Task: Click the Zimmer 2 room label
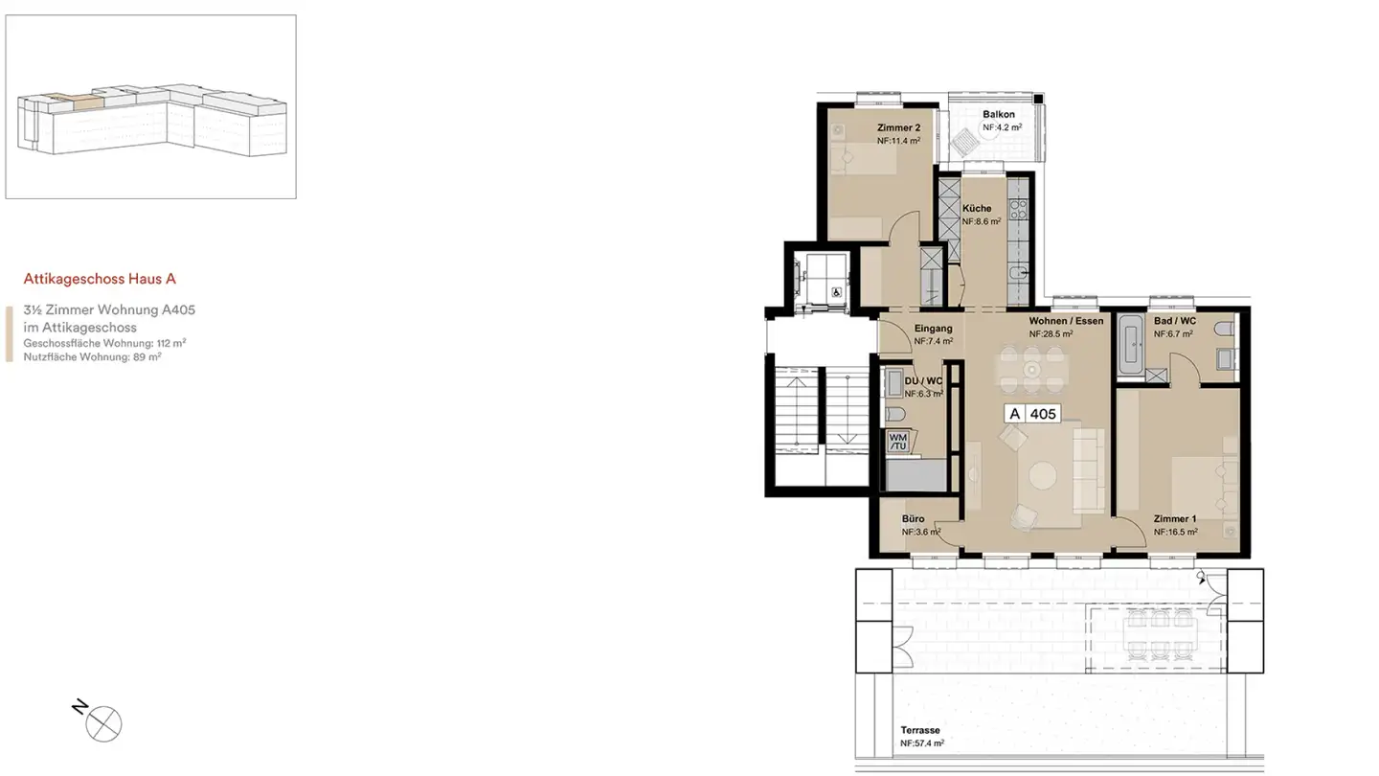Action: click(898, 127)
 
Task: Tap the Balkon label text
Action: click(998, 114)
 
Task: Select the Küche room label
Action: click(977, 208)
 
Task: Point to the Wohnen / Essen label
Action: click(1066, 321)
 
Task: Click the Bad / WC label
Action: click(1174, 321)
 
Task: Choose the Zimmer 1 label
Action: click(1174, 518)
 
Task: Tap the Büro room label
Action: click(913, 518)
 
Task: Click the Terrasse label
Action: click(919, 730)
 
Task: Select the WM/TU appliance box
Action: click(898, 441)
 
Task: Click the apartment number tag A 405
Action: click(1031, 414)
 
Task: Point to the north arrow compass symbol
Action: click(103, 723)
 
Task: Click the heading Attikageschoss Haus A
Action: click(100, 279)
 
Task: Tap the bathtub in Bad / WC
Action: click(1132, 342)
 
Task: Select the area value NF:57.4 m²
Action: click(921, 743)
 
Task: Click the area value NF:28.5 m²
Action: click(1051, 334)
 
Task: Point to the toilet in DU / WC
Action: click(893, 414)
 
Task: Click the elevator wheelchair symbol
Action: click(836, 293)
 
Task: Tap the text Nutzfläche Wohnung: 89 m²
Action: click(92, 356)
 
